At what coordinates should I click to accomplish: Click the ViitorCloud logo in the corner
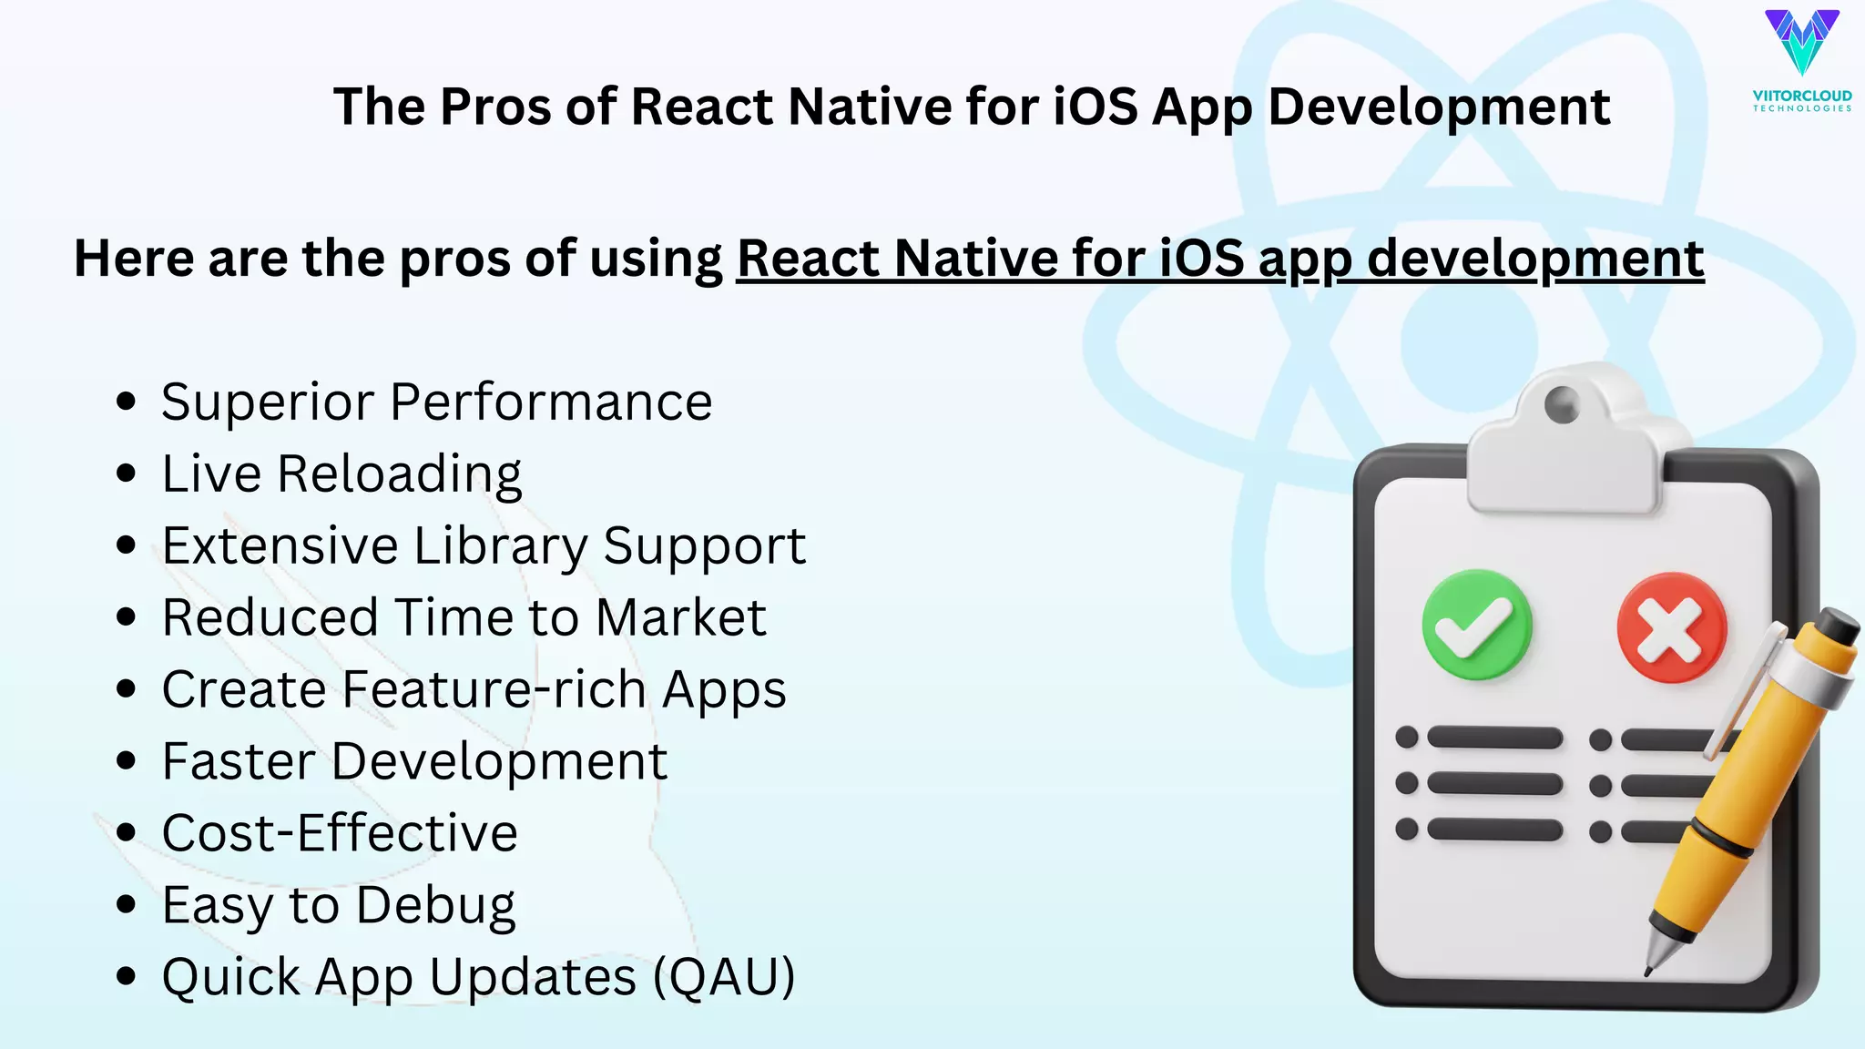[x=1801, y=59]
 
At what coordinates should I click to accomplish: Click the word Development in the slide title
[x=1439, y=107]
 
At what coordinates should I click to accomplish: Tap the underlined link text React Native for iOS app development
[x=1220, y=259]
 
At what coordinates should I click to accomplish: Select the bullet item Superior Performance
[x=436, y=402]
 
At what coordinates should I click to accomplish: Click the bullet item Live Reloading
[x=341, y=474]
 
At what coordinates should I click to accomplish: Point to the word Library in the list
[x=501, y=546]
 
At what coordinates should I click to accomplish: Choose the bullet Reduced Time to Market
[x=464, y=617]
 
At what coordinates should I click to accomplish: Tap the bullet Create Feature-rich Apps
[x=474, y=689]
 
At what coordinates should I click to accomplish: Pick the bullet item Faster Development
[x=414, y=761]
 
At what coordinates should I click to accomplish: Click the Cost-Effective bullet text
[x=340, y=833]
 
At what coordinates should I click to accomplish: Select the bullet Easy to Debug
[x=339, y=906]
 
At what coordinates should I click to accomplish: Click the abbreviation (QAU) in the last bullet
[x=724, y=977]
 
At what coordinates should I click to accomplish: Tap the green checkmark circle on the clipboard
[x=1477, y=626]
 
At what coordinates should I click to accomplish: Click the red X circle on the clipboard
[x=1671, y=627]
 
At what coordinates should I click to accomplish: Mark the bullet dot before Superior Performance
[x=127, y=402]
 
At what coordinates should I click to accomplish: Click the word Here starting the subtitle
[x=134, y=259]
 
